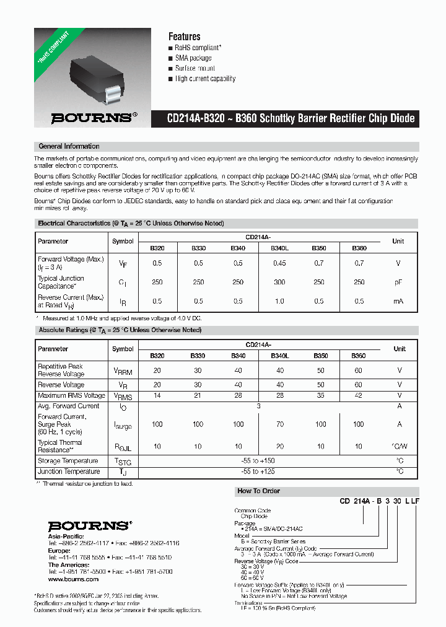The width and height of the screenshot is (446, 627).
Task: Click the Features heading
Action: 184,37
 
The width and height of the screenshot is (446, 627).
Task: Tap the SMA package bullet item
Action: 193,58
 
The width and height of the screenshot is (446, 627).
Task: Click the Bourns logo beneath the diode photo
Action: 91,117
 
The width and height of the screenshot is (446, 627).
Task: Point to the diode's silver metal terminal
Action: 113,95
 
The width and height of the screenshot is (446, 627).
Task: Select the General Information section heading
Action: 69,147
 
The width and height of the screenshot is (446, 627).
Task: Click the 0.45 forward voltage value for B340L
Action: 279,263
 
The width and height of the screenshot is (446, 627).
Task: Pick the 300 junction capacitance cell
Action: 279,283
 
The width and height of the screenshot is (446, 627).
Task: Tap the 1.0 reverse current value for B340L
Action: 279,301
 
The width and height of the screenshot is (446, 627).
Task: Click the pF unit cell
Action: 398,283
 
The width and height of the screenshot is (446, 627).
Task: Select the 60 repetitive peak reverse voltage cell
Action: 359,370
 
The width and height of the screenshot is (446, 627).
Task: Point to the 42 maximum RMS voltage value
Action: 359,395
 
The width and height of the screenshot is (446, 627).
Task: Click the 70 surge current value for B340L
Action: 279,424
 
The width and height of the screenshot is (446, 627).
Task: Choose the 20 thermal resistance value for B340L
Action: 279,447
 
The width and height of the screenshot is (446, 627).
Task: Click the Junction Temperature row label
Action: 68,471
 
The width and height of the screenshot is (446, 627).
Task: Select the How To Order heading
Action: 258,491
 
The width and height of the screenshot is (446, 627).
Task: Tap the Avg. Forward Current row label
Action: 68,406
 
